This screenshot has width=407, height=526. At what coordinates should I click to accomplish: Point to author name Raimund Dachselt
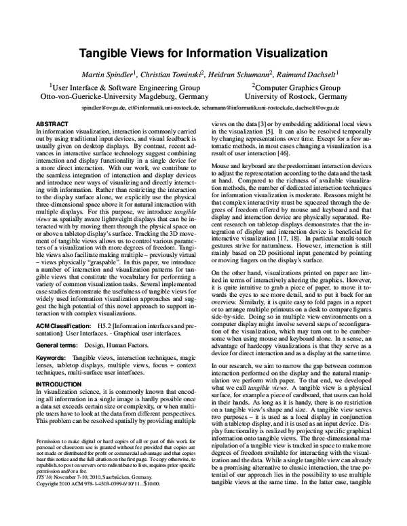click(308, 73)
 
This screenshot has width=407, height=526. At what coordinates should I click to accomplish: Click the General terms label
click(58, 344)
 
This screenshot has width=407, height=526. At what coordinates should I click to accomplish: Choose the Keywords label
click(50, 357)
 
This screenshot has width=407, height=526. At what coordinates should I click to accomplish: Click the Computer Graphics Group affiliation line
click(296, 87)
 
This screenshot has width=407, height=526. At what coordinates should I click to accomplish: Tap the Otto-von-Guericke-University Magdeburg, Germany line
click(125, 97)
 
